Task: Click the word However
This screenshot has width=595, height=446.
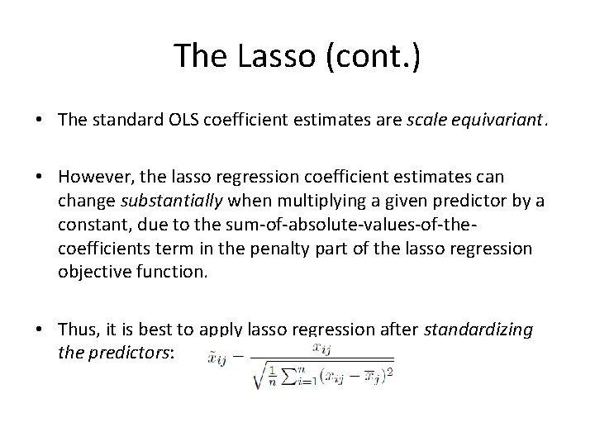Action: pos(93,179)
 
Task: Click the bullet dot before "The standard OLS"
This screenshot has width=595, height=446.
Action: pos(40,121)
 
